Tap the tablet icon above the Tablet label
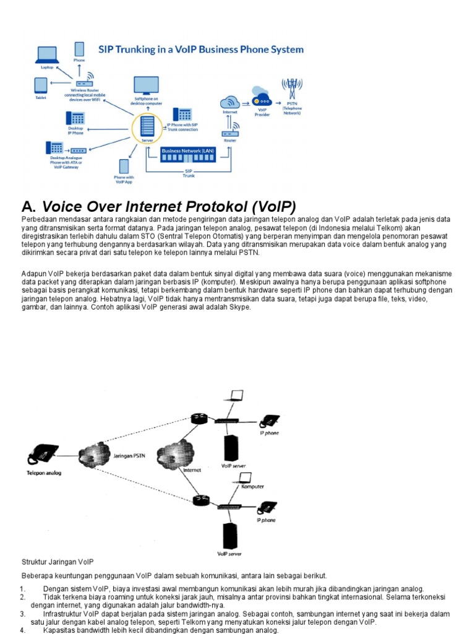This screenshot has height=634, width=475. [x=41, y=85]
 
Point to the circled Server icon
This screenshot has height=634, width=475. [x=147, y=129]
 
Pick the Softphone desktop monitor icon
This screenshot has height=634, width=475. [x=146, y=85]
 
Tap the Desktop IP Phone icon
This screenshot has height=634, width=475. [x=75, y=118]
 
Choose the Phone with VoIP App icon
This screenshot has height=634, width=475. [x=124, y=167]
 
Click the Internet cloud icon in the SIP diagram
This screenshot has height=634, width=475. [x=230, y=102]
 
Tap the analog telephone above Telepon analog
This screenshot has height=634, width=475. [x=41, y=455]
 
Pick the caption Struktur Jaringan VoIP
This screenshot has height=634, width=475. [x=58, y=562]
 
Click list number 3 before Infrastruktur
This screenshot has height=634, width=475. [x=22, y=614]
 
